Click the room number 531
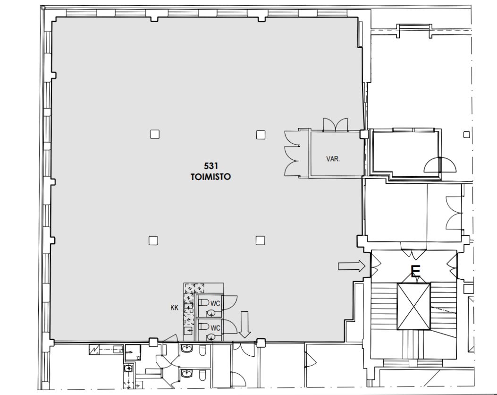coord(211,166)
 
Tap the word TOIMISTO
coord(211,177)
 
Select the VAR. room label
coord(333,159)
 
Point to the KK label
coord(174,308)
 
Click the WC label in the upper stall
coord(215,304)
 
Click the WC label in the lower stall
coord(215,328)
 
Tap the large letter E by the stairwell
coord(415,272)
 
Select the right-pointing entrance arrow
coord(352,266)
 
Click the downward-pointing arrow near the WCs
coord(244,325)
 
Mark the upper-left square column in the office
coord(155,134)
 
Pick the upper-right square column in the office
coord(261,135)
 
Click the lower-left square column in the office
coord(153,240)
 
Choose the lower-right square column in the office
coord(260,240)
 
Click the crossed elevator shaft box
coord(413,307)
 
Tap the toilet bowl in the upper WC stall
coord(204,302)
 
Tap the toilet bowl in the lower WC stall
coord(204,326)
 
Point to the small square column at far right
coord(466,135)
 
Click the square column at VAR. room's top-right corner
coord(364,135)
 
